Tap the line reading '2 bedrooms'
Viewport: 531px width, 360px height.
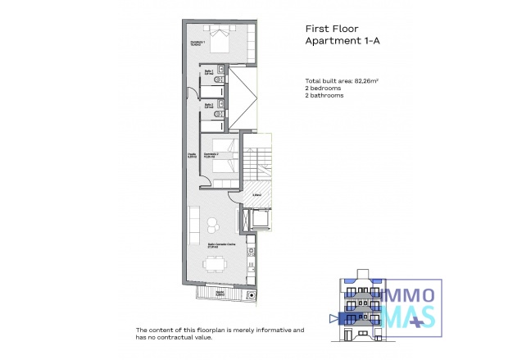pos(320,89)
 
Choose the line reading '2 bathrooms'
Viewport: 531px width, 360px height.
pos(322,96)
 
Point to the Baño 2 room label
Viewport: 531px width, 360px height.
pos(210,106)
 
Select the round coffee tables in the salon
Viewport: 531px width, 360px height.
pos(214,223)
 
